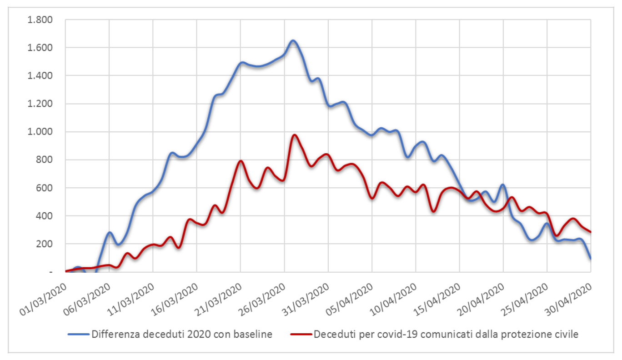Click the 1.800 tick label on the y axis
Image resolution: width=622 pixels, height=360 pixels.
tap(40, 20)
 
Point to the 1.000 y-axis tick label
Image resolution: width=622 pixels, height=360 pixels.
tap(40, 132)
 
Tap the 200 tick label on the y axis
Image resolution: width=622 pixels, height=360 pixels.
tap(45, 244)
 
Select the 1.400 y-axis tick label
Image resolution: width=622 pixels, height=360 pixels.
tap(40, 76)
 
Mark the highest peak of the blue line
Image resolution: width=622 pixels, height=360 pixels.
tap(293, 40)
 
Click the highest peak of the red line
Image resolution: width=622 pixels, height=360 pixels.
tap(294, 135)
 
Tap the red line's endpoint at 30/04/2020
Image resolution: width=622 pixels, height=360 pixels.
tap(591, 232)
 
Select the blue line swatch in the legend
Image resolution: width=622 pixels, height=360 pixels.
tap(78, 335)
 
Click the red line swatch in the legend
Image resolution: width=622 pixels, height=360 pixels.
tap(301, 335)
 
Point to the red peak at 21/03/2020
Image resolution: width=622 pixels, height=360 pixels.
tap(241, 161)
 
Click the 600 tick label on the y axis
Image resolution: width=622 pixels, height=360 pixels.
tap(45, 188)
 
